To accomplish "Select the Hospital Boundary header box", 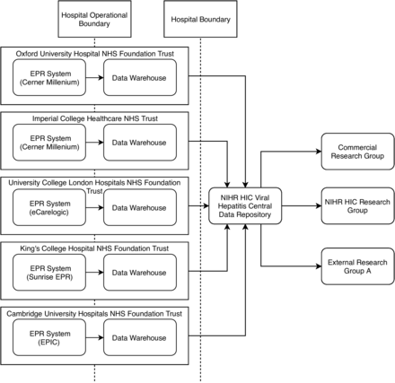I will [199, 19].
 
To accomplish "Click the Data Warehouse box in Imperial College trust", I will [139, 143].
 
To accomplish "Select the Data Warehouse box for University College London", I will [139, 207].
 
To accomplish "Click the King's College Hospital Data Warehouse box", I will [139, 272].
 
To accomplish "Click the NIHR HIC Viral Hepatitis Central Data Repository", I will [245, 207].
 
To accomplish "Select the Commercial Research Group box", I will [356, 152].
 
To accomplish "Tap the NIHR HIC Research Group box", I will [356, 207].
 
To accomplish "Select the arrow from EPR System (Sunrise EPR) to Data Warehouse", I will [93, 272].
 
